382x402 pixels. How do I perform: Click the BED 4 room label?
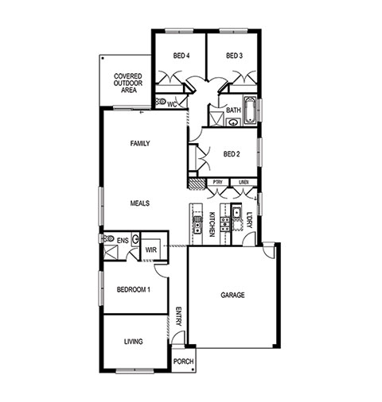click(181, 56)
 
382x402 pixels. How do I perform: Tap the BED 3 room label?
click(234, 56)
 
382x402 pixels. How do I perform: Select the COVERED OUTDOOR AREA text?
click(128, 83)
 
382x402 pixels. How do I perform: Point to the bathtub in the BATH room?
click(250, 110)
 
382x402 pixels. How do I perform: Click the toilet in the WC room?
click(161, 102)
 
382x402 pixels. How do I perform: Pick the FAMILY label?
click(140, 144)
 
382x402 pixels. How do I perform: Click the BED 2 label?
click(232, 154)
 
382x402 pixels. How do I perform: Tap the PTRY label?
click(217, 182)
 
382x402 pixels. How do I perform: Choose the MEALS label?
click(140, 203)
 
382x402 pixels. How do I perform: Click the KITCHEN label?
click(212, 224)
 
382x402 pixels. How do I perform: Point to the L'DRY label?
click(249, 220)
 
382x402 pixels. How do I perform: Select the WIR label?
click(151, 249)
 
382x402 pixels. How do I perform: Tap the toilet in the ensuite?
click(109, 238)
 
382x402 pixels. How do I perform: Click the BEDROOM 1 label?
click(134, 290)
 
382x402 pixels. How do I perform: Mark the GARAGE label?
click(232, 295)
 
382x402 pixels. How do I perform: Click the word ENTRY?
click(178, 316)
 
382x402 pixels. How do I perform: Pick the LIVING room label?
click(134, 342)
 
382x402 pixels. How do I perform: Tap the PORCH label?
click(183, 361)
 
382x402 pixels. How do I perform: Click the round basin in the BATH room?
click(233, 122)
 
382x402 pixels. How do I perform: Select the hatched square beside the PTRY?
click(197, 184)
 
